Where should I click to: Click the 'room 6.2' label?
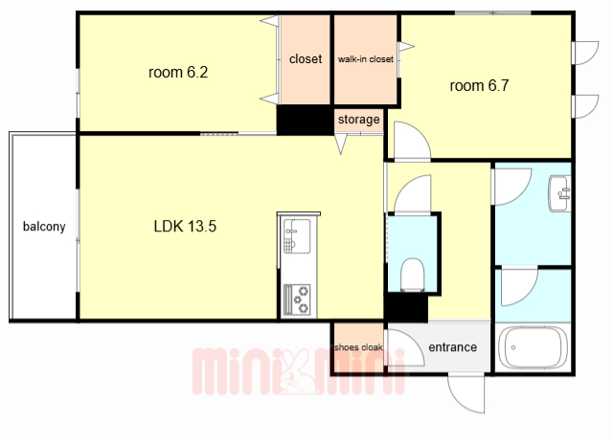click(178, 73)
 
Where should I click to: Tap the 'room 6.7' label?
click(479, 85)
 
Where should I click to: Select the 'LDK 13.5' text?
click(185, 226)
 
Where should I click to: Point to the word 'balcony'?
click(44, 227)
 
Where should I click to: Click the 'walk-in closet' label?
click(366, 59)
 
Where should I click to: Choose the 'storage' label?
click(359, 119)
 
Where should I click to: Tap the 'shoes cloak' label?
click(358, 347)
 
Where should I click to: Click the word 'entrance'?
click(453, 347)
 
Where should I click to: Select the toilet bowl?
click(413, 275)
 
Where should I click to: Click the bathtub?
click(534, 347)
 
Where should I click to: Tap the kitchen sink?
click(297, 236)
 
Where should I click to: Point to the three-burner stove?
click(297, 299)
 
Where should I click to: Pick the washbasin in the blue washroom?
click(559, 193)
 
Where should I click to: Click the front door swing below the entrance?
click(466, 393)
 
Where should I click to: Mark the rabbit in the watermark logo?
click(298, 372)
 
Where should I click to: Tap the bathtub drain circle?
click(513, 347)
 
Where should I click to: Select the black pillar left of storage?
click(305, 120)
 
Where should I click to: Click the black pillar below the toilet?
click(406, 308)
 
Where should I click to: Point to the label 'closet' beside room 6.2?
click(306, 59)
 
